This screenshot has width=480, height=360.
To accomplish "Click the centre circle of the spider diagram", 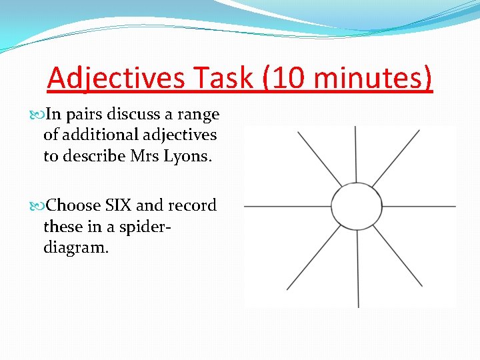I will [x=357, y=206].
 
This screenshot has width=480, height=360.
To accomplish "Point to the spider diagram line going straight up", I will [x=355, y=153].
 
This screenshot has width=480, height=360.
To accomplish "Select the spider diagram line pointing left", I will [x=287, y=206].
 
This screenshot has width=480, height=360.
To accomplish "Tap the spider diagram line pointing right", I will [x=419, y=206].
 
